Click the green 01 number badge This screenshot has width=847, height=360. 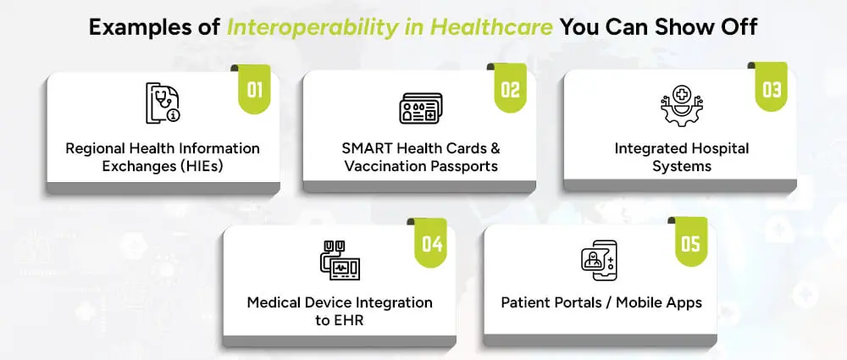click(x=254, y=89)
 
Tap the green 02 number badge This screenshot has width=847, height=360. click(x=511, y=88)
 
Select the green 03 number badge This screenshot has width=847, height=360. click(x=772, y=87)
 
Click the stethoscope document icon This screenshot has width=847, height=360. click(x=163, y=102)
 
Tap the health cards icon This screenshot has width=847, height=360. click(x=420, y=108)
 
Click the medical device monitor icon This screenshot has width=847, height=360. click(x=340, y=261)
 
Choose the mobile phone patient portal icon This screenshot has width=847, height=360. click(x=599, y=260)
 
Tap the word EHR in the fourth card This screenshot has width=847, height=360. click(x=347, y=320)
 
